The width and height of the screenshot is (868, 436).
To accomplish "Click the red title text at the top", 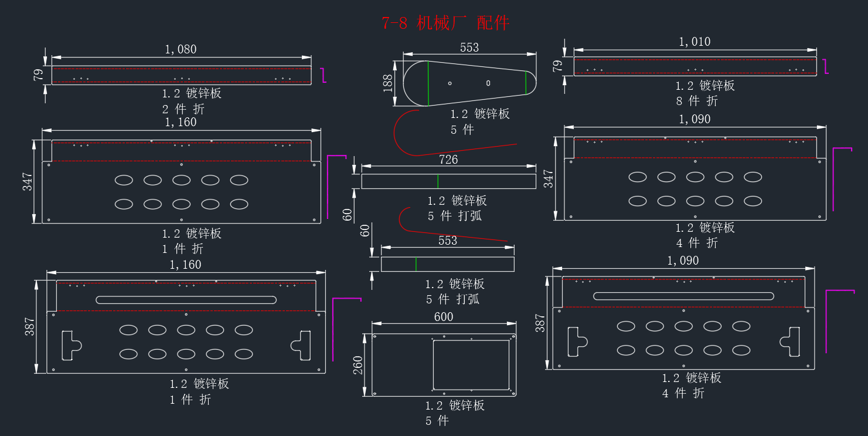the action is click(x=445, y=23).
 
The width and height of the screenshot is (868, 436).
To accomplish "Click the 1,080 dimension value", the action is click(x=181, y=49).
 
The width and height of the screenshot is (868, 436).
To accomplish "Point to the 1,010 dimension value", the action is click(x=695, y=42).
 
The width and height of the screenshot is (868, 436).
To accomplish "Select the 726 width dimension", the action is click(x=448, y=160).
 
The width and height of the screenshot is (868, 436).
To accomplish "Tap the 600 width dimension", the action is click(x=444, y=317).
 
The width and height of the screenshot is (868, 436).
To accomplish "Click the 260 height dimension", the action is click(x=358, y=365).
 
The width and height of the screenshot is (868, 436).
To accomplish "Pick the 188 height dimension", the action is click(x=388, y=83).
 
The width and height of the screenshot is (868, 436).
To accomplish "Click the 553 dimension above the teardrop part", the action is click(x=469, y=48).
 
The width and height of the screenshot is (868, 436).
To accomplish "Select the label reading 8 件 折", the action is click(x=697, y=101).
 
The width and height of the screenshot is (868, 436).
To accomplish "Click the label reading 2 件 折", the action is click(x=183, y=109).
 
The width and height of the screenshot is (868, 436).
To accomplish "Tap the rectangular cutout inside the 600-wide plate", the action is click(x=471, y=365).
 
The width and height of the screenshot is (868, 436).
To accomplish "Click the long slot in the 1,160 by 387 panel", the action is click(x=186, y=300).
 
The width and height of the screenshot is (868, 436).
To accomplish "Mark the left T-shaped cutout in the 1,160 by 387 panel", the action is click(x=72, y=345).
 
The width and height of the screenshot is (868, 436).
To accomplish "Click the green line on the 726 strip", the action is click(x=438, y=181).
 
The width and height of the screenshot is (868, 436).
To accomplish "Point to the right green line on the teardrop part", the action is click(x=526, y=83).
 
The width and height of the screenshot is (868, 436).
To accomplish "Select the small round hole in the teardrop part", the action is click(x=450, y=83).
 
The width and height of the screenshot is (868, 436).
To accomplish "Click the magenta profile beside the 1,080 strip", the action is click(x=324, y=75).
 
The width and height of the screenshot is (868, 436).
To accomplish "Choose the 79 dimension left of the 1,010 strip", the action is click(x=557, y=66).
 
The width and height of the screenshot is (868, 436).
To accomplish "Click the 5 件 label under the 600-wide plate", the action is click(x=437, y=421).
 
